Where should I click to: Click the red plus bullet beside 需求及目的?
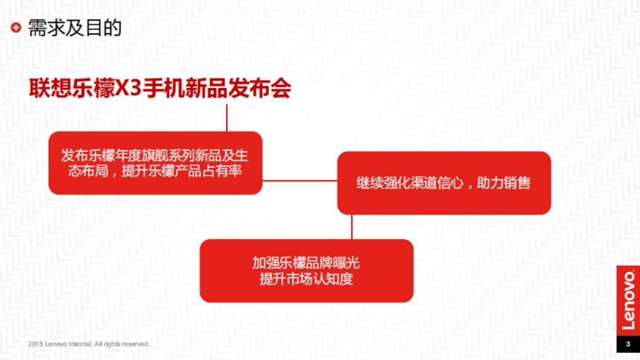[17, 28]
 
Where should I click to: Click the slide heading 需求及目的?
[75, 28]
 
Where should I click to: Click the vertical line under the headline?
[227, 117]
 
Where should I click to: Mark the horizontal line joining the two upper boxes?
[299, 180]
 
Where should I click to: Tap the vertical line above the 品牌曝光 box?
[351, 227]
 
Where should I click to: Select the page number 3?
[628, 343]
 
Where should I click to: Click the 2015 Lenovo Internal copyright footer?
[89, 344]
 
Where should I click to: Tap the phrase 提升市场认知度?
[306, 279]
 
